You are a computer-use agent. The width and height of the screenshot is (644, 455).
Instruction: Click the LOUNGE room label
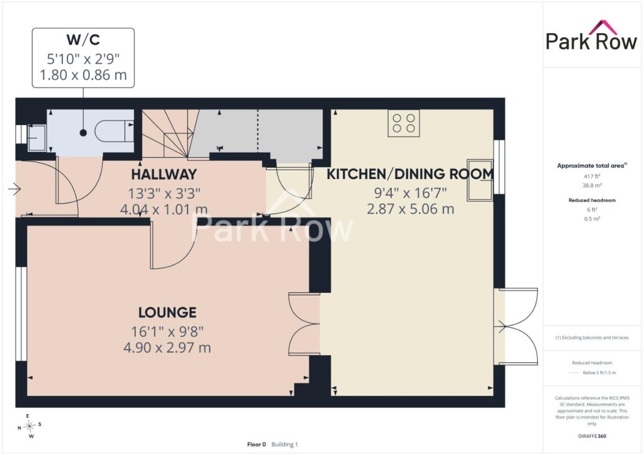tap(167, 312)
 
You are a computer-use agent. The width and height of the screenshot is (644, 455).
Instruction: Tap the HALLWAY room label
tap(164, 174)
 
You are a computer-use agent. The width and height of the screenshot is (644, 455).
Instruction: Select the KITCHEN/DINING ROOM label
tap(410, 174)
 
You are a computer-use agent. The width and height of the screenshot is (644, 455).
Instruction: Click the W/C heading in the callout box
tap(84, 40)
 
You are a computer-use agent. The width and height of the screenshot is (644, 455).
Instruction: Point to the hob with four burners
tap(404, 123)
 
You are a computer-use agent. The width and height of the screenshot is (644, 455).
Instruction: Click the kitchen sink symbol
tap(480, 180)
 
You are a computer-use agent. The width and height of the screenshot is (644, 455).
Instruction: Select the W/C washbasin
tap(37, 138)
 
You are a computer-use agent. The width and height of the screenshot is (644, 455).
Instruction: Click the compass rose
tap(30, 426)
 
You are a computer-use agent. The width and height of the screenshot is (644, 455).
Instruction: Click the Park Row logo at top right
tap(591, 36)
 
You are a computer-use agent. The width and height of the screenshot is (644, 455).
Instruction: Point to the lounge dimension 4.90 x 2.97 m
tap(167, 348)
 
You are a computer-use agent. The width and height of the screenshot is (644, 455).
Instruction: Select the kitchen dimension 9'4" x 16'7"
tap(410, 192)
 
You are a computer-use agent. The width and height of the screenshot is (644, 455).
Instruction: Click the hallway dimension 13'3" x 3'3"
tap(164, 193)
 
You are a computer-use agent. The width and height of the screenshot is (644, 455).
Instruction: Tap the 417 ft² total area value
tap(592, 177)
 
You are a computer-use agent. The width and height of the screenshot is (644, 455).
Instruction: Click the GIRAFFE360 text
tap(592, 436)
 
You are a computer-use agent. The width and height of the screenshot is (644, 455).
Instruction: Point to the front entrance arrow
tap(14, 189)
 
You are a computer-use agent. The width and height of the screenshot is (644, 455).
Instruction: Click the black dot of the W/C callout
tap(84, 133)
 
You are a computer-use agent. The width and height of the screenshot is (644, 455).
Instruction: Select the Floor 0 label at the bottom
tap(257, 444)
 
